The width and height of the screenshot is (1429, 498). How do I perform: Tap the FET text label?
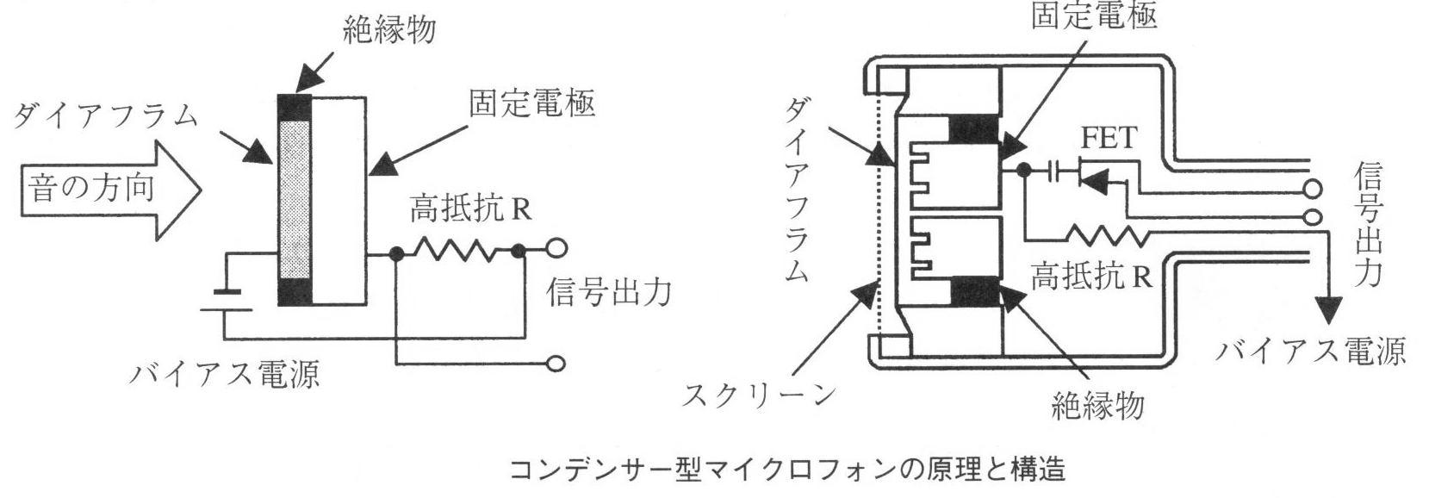pos(1109,138)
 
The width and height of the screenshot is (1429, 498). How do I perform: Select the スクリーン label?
pos(759,395)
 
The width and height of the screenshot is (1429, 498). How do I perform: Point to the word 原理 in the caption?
pos(945,470)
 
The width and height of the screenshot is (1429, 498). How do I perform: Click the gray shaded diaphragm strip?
pos(294,197)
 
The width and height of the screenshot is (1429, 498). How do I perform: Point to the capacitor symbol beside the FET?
pos(1054,171)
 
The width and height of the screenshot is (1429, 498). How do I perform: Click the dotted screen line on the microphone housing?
pos(877,215)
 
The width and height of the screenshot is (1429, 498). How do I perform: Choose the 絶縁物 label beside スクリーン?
pos(1097,402)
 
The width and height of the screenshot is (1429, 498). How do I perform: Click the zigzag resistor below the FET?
pos(1106,235)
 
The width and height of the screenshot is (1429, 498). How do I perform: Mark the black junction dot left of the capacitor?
pos(1023,171)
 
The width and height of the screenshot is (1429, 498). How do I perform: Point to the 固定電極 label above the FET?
pos(1094,15)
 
